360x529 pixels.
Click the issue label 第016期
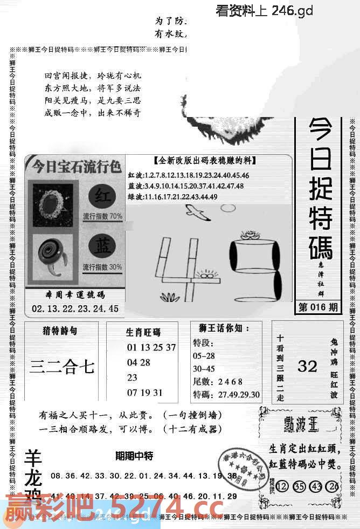pyautogui.click(x=319, y=308)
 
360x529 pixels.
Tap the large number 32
pyautogui.click(x=307, y=367)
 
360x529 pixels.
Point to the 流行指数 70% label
pyautogui.click(x=102, y=216)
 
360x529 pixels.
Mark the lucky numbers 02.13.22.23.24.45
pyautogui.click(x=75, y=309)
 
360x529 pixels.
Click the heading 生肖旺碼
pyautogui.click(x=143, y=332)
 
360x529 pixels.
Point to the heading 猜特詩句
pyautogui.click(x=60, y=330)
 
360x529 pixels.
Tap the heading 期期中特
pyautogui.click(x=134, y=456)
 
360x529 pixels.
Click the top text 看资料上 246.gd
pyautogui.click(x=264, y=10)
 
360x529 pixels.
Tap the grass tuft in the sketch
pyautogui.click(x=170, y=296)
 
